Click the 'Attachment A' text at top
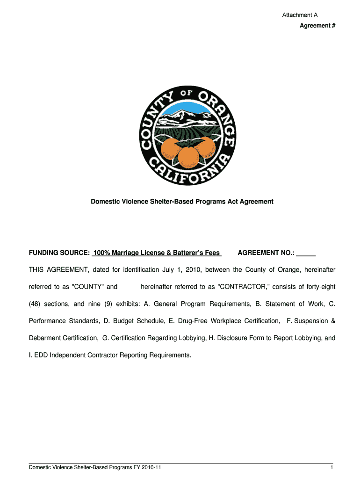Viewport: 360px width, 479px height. click(x=300, y=15)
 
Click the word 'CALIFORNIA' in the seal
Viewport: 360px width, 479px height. click(x=189, y=171)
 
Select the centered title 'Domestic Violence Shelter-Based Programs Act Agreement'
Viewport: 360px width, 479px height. click(x=182, y=202)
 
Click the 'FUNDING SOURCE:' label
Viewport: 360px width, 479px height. click(x=59, y=253)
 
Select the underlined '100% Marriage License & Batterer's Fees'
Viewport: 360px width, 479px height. click(x=157, y=253)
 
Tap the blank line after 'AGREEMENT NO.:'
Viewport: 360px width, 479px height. click(x=306, y=253)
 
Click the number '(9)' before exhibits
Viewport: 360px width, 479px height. click(x=117, y=304)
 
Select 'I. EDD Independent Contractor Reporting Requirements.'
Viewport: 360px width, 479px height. click(x=110, y=355)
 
